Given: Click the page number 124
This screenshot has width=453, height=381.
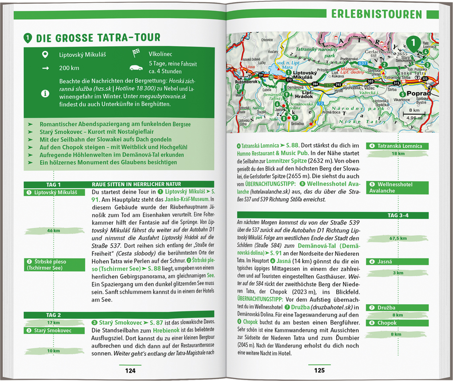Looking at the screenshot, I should tap(130, 370).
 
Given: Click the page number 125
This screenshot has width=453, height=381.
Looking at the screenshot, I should tap(319, 370).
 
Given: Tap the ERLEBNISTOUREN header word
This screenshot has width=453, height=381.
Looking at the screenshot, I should tap(376, 14).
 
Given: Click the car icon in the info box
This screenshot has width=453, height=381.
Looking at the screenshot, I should tap(136, 68).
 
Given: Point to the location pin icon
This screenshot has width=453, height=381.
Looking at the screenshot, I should tap(45, 55).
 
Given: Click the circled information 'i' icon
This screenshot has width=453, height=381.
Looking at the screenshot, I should tap(45, 93).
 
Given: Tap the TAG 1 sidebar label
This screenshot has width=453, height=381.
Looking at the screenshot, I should tap(53, 185).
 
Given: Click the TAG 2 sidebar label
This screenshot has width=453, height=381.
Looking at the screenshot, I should tap(53, 315).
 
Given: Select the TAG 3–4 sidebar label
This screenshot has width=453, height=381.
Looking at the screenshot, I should tap(398, 215).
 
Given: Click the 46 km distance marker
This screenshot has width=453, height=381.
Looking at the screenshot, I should tap(53, 231).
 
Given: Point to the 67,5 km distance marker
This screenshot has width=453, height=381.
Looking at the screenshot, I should tap(398, 238).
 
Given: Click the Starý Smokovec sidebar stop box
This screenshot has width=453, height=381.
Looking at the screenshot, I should tap(53, 330).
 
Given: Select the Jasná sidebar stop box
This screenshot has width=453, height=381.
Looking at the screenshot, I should tap(398, 262).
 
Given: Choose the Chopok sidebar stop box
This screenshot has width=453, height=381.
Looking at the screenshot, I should tap(398, 323).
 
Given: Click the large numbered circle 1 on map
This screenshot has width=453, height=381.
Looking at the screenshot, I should tap(413, 43).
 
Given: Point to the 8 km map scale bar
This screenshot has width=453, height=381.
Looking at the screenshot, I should tap(414, 114).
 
